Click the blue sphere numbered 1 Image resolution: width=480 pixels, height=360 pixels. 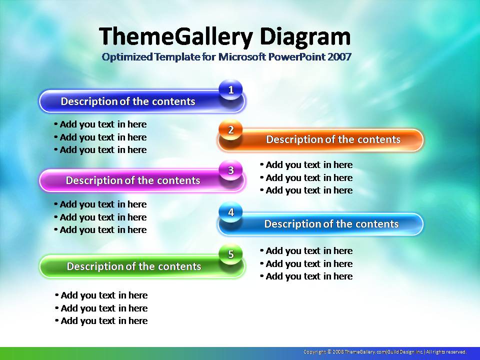point(231,89)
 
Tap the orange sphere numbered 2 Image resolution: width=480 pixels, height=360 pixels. point(231,130)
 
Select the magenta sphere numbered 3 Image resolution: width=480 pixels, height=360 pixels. point(231,170)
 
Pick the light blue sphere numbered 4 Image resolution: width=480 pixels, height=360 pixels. point(231,212)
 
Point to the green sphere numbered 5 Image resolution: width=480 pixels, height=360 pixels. point(231,254)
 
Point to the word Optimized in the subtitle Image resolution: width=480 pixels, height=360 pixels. point(127,57)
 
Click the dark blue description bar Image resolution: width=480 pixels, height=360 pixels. point(142,101)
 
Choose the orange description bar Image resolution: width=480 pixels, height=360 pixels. point(320,140)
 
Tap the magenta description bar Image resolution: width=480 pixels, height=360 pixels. point(142,180)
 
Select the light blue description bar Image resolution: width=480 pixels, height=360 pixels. point(320,224)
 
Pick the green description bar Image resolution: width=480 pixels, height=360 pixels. point(142,266)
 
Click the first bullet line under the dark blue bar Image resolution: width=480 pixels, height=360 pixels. point(100,124)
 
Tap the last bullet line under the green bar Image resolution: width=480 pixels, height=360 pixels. point(101,321)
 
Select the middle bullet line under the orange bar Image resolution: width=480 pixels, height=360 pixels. point(306,178)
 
